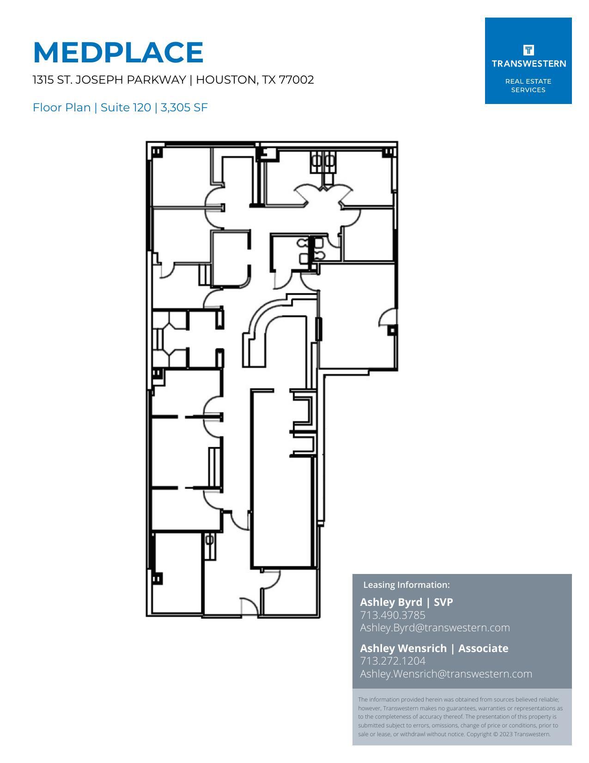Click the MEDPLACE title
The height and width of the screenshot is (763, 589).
point(118,52)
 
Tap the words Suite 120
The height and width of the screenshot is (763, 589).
point(125,108)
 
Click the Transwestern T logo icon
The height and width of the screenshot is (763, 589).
point(528,49)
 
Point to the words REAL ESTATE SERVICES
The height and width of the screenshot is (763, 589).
point(528,85)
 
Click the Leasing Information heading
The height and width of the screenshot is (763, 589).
point(406,585)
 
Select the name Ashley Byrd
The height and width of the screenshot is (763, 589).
point(391,602)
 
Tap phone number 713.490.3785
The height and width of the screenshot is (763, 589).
point(392,615)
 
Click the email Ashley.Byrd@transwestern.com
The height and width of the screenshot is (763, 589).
point(435,628)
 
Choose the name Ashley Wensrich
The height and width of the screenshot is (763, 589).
point(403,648)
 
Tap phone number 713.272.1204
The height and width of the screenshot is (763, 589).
point(392,661)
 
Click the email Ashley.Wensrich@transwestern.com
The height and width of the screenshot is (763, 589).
point(446,674)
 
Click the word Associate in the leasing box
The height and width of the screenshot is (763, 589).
point(483,648)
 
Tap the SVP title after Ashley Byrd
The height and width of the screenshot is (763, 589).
point(443,602)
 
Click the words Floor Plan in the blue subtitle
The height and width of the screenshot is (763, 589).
point(61,108)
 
